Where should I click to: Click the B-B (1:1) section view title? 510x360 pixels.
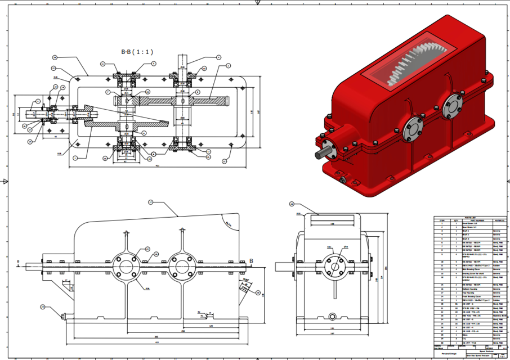point(137,51)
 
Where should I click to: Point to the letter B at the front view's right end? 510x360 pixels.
point(251,261)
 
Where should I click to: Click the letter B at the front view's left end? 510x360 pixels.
point(19,262)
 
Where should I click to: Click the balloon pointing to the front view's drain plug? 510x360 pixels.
point(42,307)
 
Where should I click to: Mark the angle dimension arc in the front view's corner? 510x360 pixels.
point(228,224)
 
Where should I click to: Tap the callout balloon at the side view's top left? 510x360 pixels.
point(292,204)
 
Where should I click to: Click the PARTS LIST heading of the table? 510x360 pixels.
point(469,218)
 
